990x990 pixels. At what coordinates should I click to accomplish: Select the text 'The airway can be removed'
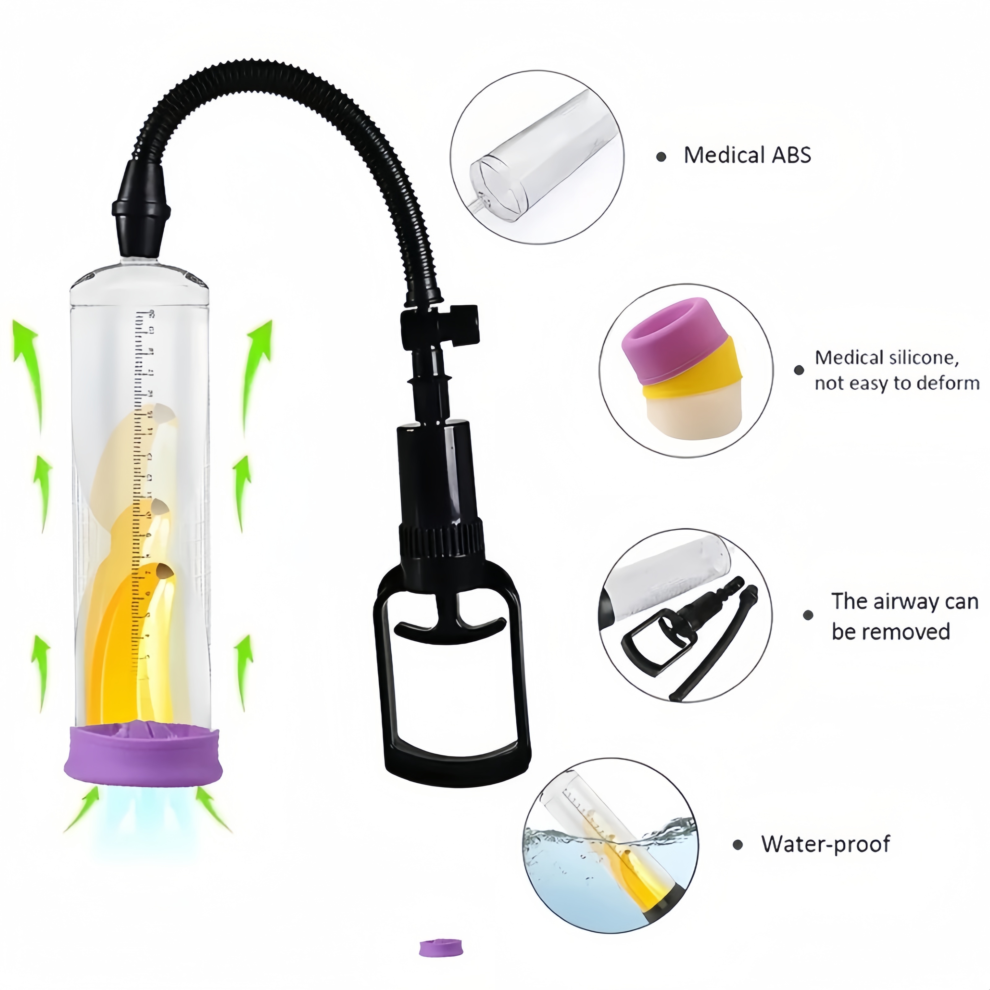click(904, 617)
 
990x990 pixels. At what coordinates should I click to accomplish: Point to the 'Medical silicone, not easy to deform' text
click(897, 370)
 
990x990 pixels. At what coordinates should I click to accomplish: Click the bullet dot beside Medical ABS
click(661, 157)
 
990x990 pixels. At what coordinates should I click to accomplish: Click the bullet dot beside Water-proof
click(738, 845)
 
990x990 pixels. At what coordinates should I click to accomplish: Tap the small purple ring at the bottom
click(440, 962)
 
